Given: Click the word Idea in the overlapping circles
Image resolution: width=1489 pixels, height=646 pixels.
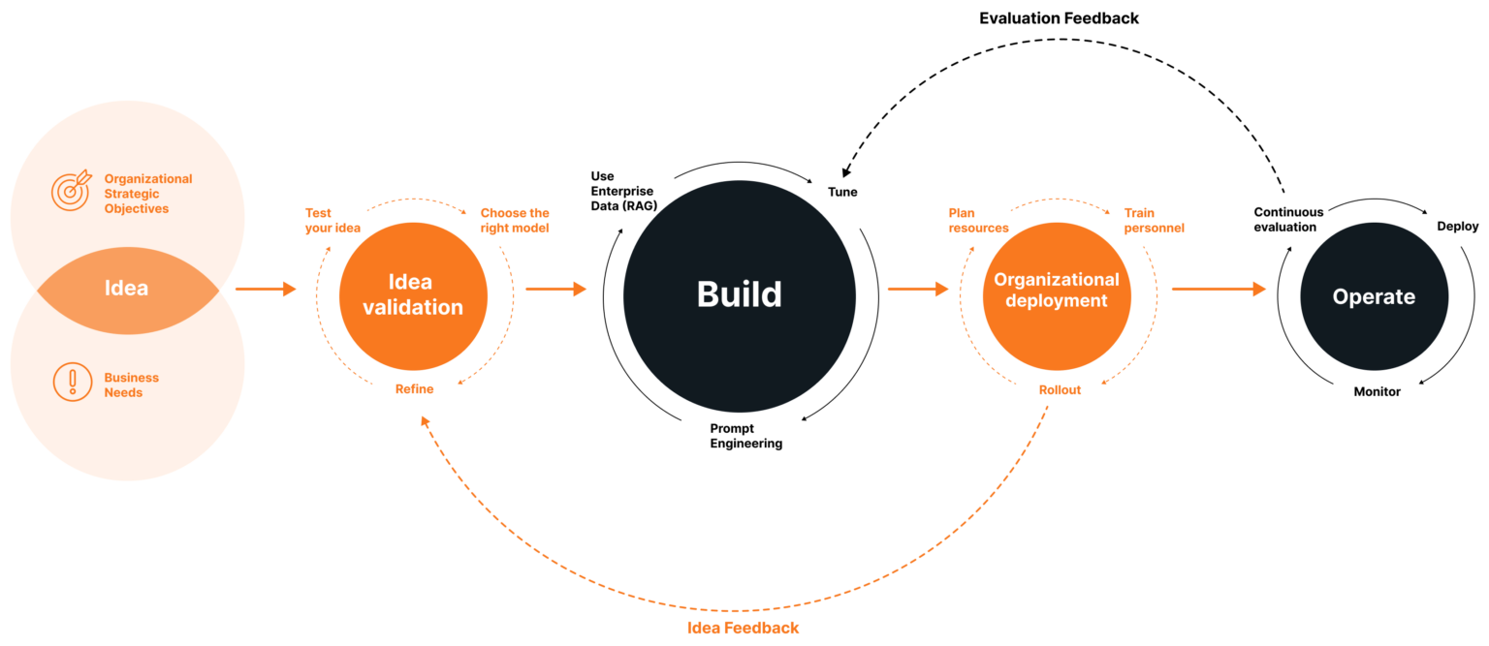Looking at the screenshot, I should click(126, 289).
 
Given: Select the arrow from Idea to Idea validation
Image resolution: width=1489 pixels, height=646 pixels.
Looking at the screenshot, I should click(266, 289).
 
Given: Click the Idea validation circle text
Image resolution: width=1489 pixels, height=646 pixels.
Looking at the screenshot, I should click(412, 295).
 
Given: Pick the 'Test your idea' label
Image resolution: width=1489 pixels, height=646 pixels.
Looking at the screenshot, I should click(333, 220).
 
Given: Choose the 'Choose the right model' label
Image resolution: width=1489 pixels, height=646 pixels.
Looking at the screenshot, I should click(515, 220).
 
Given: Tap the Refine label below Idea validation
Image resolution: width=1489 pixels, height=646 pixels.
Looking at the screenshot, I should click(415, 388).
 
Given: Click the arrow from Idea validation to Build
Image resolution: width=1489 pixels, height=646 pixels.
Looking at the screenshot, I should click(556, 289).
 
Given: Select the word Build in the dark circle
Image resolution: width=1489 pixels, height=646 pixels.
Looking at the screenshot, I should click(739, 294).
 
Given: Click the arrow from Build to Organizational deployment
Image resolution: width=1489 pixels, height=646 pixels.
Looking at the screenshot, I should click(918, 289).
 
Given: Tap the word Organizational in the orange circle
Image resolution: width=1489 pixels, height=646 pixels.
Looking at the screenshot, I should click(1057, 280).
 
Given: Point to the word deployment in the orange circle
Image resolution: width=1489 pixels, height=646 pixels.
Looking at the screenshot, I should click(1057, 301).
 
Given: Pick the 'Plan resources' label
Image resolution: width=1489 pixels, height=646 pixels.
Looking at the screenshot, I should click(978, 220).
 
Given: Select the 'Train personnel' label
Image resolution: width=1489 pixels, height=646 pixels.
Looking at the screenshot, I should click(1154, 220).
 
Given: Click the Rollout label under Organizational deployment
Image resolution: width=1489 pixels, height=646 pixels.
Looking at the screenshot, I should click(1060, 389).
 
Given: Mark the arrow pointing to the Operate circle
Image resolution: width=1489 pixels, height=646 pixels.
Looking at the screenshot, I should click(1219, 289).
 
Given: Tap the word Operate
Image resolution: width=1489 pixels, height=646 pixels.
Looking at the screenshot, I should click(1374, 297).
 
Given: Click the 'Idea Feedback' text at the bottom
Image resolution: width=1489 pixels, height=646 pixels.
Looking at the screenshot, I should click(743, 628).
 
